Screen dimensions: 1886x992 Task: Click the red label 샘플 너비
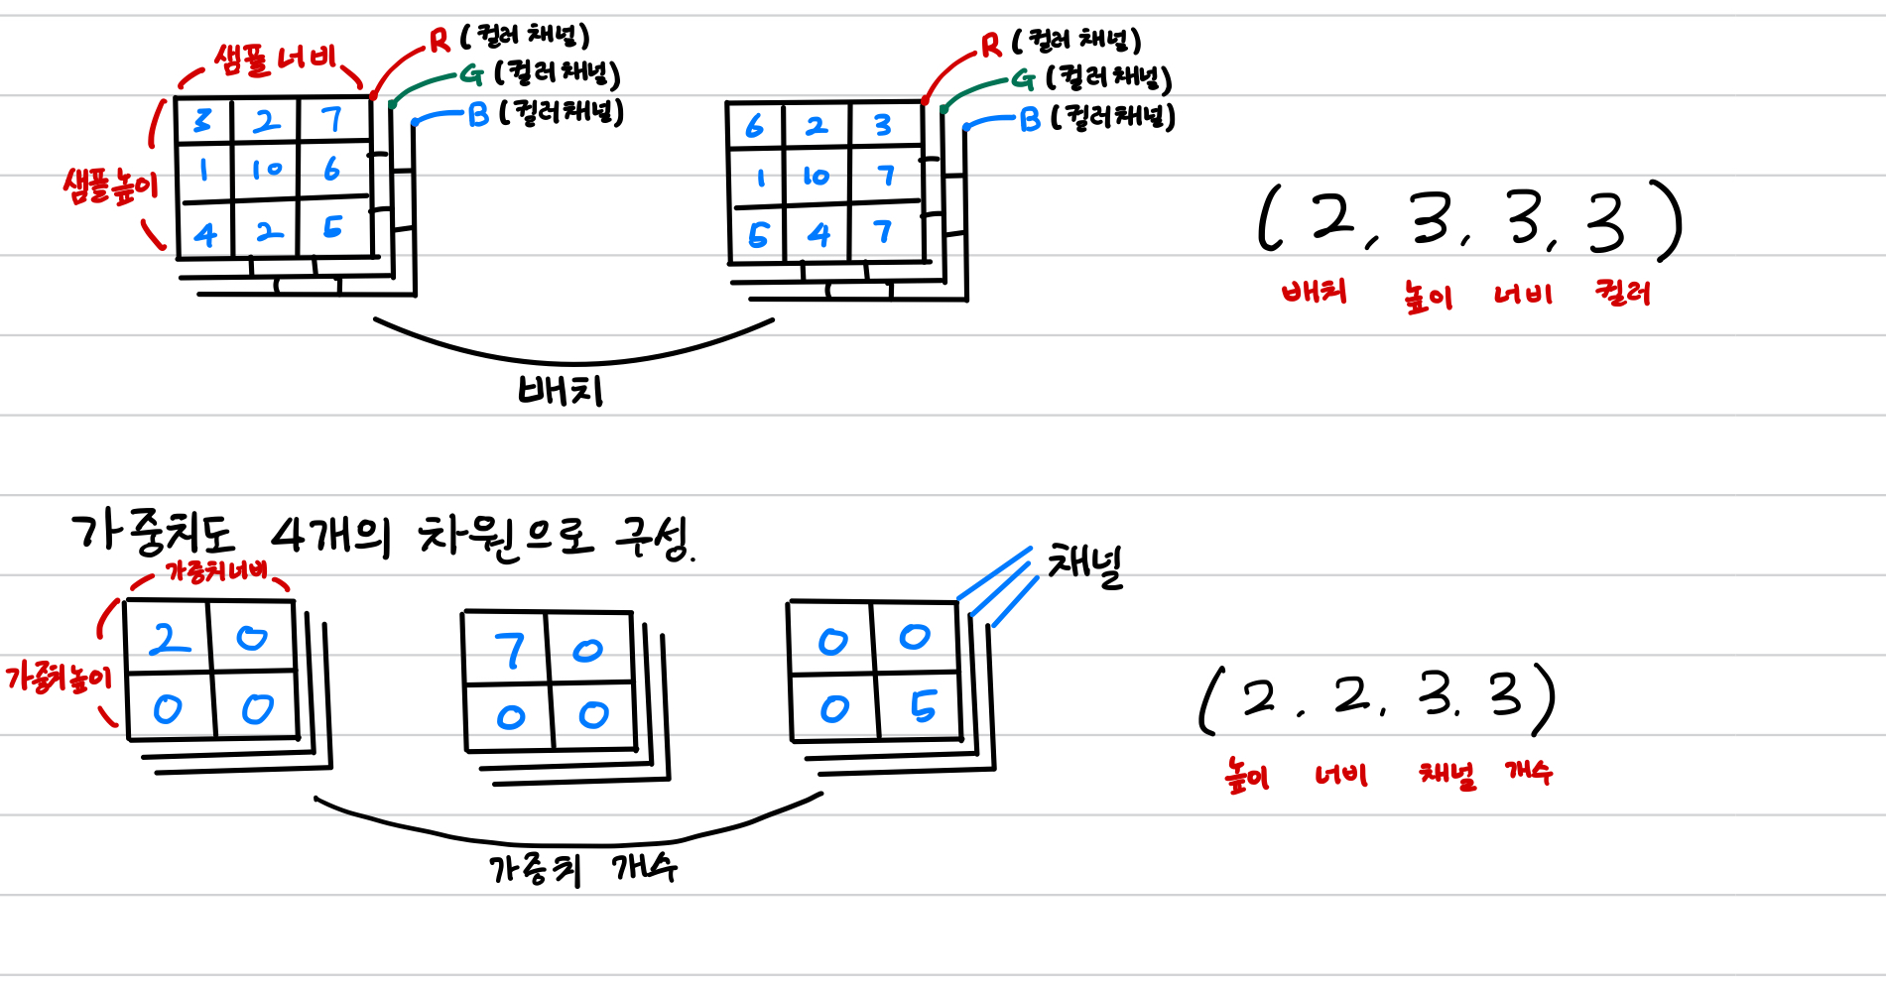(275, 60)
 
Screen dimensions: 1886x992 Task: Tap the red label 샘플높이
(110, 186)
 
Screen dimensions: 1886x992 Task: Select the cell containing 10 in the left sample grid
(266, 171)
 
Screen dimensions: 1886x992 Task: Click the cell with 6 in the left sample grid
(332, 170)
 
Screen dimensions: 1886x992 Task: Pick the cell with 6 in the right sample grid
(755, 126)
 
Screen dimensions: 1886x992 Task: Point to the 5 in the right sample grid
(758, 235)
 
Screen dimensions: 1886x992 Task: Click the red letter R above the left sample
(440, 41)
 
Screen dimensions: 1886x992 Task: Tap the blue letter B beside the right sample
(1030, 120)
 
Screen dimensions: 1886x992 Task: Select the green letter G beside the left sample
(471, 74)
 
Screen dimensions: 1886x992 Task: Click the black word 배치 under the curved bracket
(561, 390)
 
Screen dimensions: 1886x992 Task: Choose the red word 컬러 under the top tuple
(1622, 293)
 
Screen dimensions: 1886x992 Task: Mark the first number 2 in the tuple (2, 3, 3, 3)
(1332, 218)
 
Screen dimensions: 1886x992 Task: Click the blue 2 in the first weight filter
(170, 639)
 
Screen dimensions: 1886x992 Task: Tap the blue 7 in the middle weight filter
(510, 651)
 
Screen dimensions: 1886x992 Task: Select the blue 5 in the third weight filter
(923, 705)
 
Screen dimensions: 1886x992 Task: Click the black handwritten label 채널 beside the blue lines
(1085, 565)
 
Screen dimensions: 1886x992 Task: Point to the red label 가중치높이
(59, 678)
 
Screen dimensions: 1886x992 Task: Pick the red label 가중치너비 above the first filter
(215, 571)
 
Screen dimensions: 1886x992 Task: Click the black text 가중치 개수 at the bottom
(582, 869)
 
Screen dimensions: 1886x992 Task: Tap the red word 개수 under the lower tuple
(1529, 772)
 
